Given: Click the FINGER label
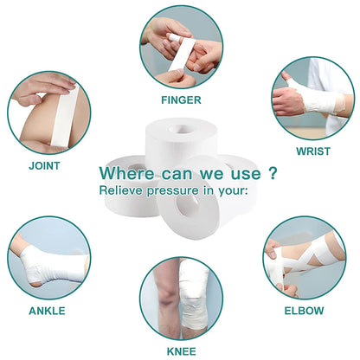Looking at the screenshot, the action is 181,100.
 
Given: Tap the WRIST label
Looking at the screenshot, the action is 313,151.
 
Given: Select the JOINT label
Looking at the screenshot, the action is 44,166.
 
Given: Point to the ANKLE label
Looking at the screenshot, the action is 47,311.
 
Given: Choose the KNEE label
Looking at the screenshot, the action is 182,351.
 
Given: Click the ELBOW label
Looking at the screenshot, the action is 304,311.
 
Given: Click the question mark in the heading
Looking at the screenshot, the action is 272,173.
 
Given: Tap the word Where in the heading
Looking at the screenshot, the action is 126,173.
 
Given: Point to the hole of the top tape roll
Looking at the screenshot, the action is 180,128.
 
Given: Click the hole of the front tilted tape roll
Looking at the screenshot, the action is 189,206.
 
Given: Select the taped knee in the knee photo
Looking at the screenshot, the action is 194,294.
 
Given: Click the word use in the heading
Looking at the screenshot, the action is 246,174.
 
